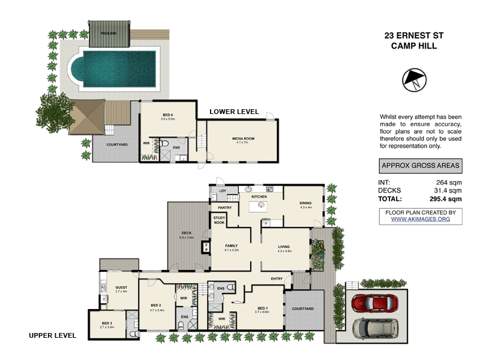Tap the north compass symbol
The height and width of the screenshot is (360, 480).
pyautogui.click(x=414, y=80)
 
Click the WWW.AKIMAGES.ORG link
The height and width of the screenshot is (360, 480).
pyautogui.click(x=420, y=220)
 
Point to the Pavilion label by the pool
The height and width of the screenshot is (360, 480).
pyautogui.click(x=109, y=34)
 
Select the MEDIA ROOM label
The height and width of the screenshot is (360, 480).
pyautogui.click(x=243, y=139)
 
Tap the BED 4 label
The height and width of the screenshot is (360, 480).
pyautogui.click(x=167, y=114)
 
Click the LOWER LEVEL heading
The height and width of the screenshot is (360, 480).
pyautogui.click(x=233, y=112)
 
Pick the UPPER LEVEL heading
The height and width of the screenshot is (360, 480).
pyautogui.click(x=52, y=335)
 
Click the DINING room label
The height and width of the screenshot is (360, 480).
pyautogui.click(x=305, y=203)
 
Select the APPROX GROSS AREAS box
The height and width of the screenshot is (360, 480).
pyautogui.click(x=420, y=166)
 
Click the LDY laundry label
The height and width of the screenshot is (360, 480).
pyautogui.click(x=222, y=191)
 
